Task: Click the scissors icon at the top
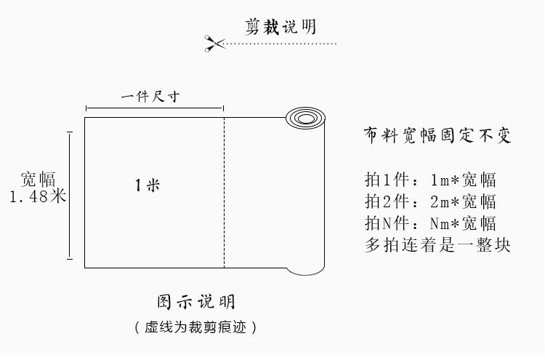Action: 214,44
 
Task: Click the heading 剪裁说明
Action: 280,27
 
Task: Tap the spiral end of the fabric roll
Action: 304,119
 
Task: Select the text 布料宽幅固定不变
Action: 437,137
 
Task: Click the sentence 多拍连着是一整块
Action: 437,244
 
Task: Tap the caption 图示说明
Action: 196,302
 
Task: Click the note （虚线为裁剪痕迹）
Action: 196,327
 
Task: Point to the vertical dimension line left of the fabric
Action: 70,195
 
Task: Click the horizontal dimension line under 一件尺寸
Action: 154,108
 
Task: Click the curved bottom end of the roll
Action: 304,271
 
